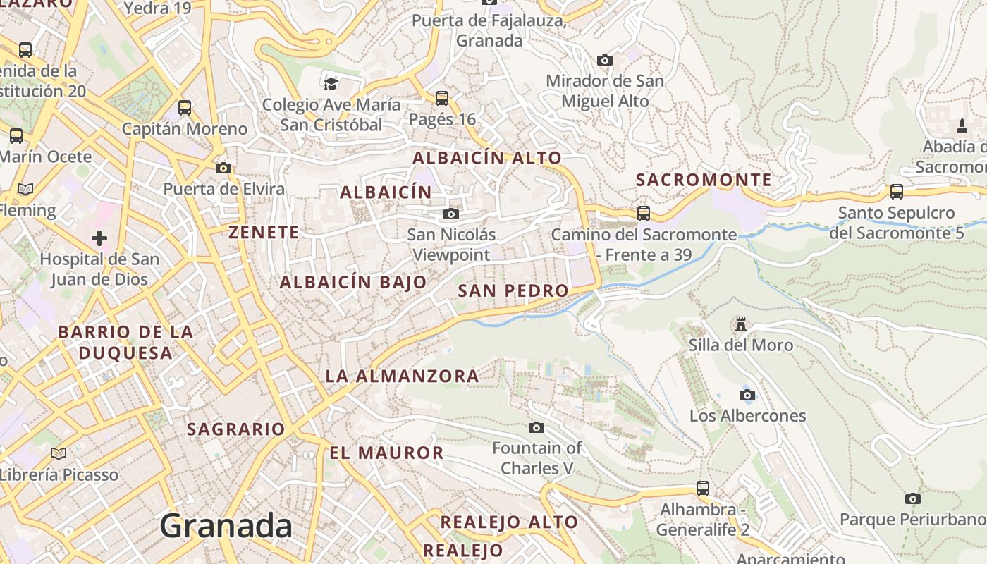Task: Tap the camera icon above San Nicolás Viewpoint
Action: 451,214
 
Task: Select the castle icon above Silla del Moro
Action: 741,324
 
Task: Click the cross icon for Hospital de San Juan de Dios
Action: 99,238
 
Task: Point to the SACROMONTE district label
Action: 704,180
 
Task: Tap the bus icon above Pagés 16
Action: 442,98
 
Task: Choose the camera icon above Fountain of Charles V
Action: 537,427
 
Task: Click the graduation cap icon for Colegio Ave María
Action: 331,84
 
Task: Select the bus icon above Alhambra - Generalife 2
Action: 703,488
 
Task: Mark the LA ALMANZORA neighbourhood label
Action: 403,376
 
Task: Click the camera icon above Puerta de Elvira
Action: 223,168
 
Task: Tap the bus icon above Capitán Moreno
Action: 185,108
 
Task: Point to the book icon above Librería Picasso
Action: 59,453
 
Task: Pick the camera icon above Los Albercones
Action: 747,395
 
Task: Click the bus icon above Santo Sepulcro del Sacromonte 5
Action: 897,191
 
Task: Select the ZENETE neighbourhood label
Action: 264,232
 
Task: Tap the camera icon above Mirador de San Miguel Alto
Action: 605,61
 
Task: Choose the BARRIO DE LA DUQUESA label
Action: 125,342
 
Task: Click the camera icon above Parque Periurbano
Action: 913,498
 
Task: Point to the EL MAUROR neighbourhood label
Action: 387,453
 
